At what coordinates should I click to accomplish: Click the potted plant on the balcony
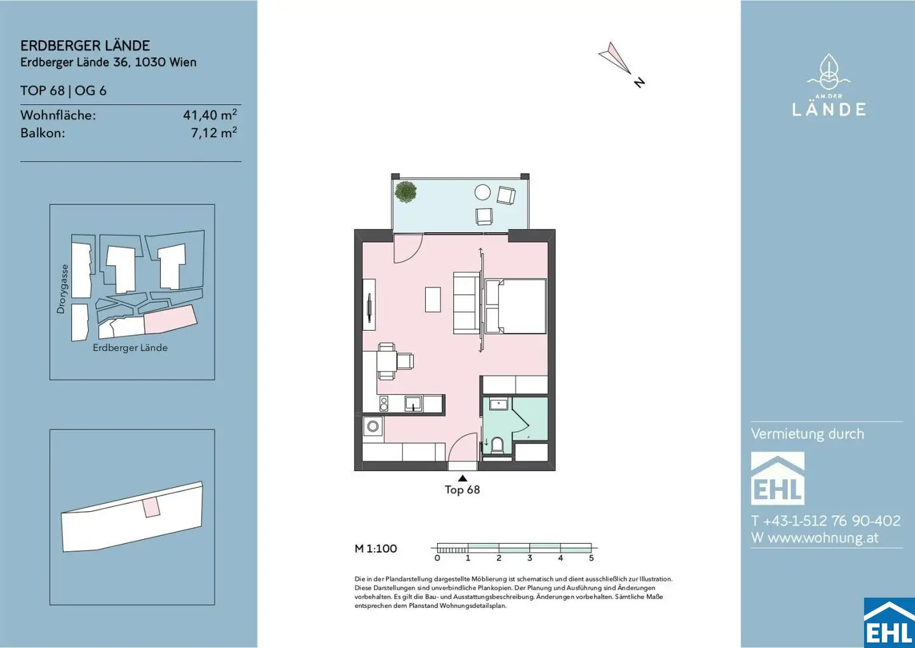pos(405,191)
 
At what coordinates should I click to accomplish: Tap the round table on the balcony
pos(482,192)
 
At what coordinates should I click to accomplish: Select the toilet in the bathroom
pos(498,445)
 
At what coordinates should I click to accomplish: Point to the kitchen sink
pos(414,403)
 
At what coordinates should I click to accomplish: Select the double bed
pos(515,307)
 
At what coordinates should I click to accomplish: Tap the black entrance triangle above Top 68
pos(463,478)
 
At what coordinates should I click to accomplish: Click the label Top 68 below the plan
pos(463,490)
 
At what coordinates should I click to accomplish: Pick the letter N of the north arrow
pos(639,82)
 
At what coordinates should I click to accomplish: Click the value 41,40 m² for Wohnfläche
pos(210,115)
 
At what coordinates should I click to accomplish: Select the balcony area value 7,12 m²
pos(214,133)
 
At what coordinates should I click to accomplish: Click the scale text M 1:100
pos(376,549)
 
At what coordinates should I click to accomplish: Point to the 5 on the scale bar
pos(591,558)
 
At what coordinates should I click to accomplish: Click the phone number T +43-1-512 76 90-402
pos(825,520)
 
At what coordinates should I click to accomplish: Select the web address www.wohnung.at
pos(823,537)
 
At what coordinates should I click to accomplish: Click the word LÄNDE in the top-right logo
pos(829,109)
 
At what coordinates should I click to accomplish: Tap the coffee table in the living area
pos(433,300)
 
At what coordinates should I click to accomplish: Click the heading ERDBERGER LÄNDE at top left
pos(85,45)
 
